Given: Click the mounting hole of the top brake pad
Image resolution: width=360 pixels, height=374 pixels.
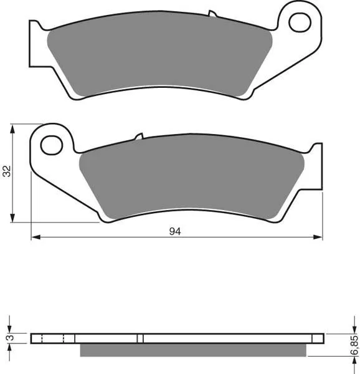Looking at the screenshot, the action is (x=300, y=22).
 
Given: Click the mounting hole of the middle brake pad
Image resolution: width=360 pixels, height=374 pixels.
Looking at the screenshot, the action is (x=52, y=145).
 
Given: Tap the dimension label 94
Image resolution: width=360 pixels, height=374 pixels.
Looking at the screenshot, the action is (x=175, y=231).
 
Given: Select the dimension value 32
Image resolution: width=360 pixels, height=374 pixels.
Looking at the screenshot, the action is (x=7, y=171).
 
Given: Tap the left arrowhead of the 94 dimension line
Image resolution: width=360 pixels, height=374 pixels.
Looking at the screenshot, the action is (x=36, y=237).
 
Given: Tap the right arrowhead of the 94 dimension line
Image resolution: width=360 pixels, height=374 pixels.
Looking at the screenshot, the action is (x=318, y=237).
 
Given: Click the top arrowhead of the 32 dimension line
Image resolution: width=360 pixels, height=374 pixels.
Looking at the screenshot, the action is (x=12, y=129).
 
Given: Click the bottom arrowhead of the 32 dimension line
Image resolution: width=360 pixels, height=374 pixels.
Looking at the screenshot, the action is (x=12, y=218).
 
